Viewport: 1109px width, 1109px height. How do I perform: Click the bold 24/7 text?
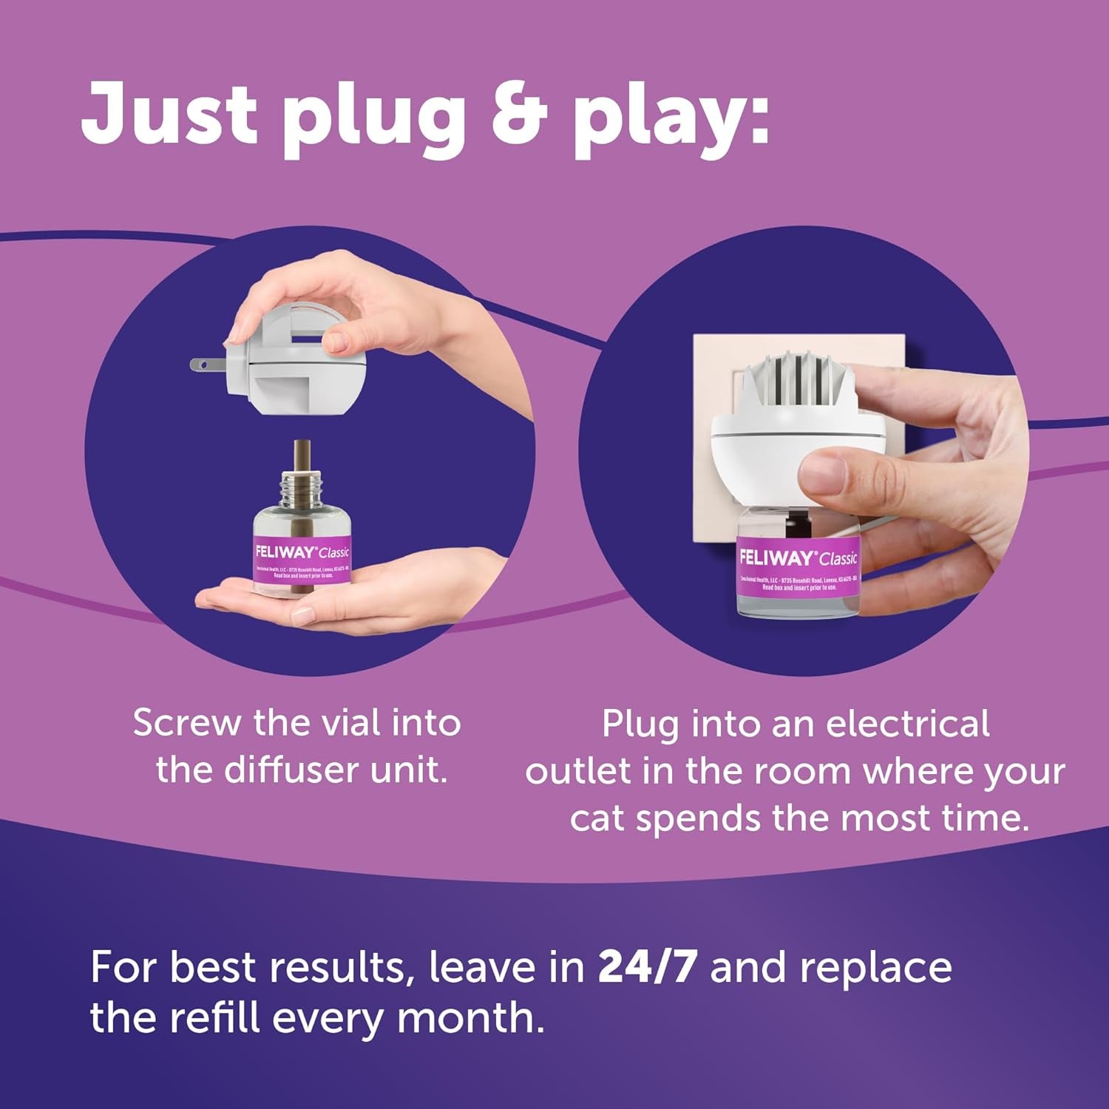(x=647, y=967)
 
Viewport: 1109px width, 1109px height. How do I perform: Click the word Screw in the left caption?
(x=188, y=723)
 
